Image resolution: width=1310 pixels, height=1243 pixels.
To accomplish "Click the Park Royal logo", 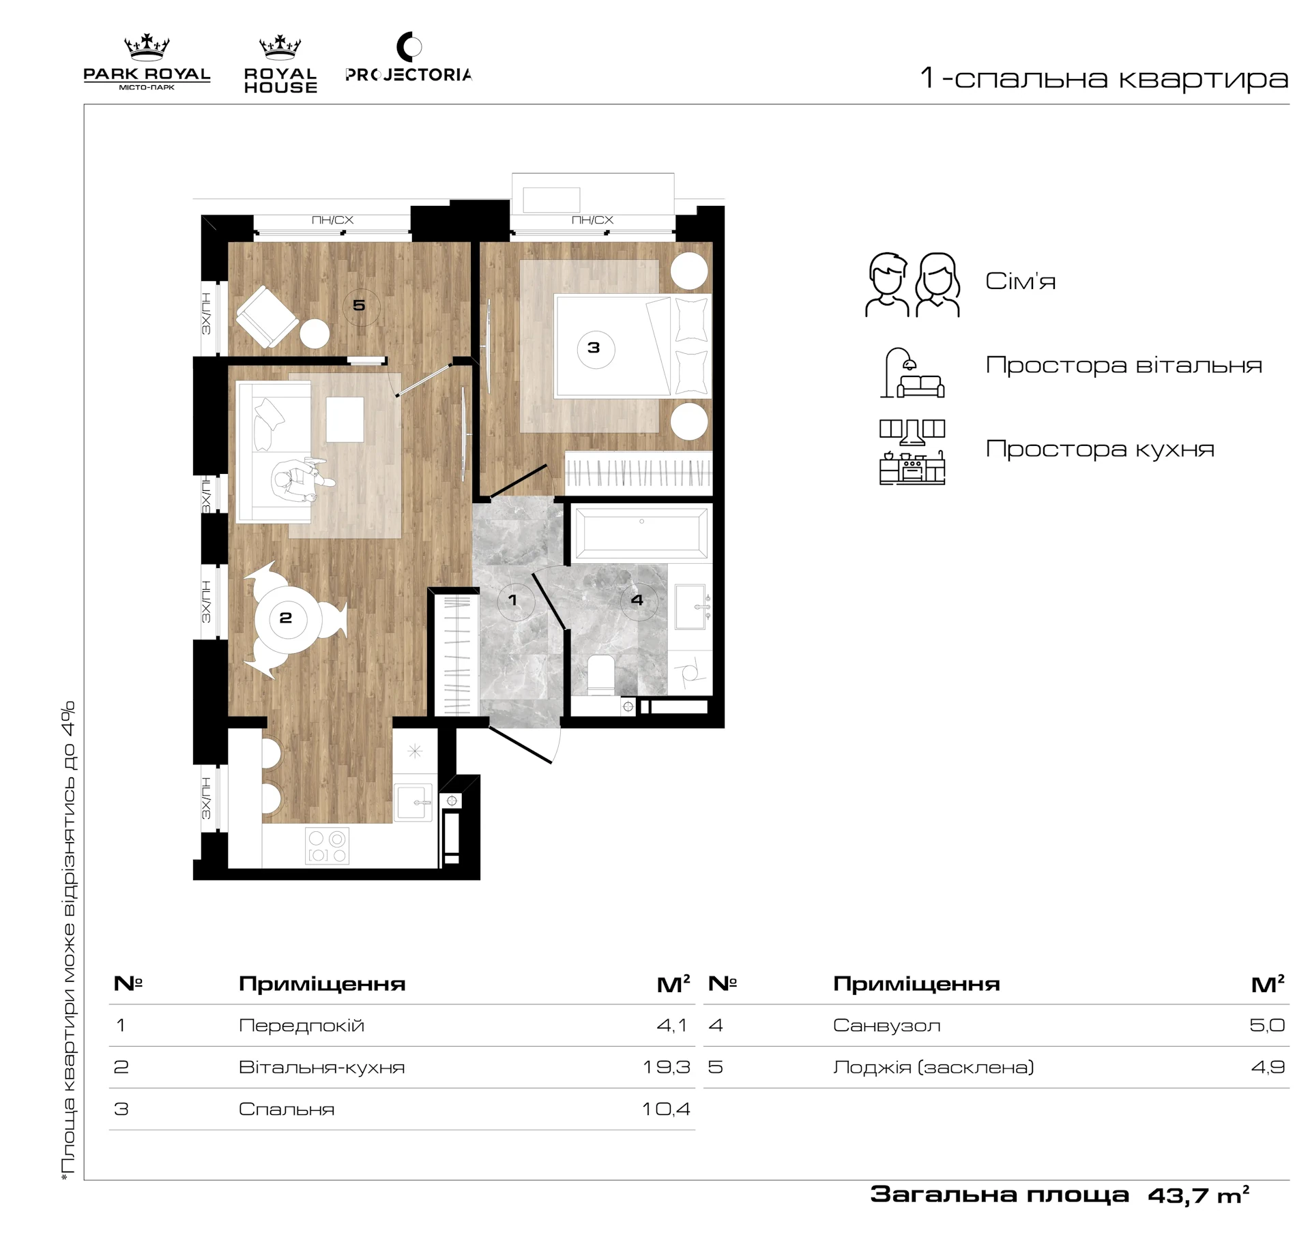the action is [147, 63].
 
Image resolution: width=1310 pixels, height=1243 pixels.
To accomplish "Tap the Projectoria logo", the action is [409, 59].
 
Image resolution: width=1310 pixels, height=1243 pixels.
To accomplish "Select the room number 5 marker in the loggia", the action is [360, 305].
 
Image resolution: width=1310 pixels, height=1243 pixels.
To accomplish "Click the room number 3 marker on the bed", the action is [594, 348].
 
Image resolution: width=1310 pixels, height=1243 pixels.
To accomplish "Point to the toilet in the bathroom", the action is [601, 674].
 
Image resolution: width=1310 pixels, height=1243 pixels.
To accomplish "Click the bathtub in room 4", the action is [641, 531].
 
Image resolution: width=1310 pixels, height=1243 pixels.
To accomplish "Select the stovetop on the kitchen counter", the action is [327, 845].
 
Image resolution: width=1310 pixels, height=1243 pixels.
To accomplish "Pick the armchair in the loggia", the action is [267, 317].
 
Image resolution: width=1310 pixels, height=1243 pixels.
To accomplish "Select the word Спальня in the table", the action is [287, 1109].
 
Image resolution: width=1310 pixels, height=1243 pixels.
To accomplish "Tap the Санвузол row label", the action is [887, 1025].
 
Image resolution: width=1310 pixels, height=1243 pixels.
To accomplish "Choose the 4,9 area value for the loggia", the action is [1268, 1067].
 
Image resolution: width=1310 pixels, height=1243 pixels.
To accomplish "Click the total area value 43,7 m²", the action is [1198, 1194].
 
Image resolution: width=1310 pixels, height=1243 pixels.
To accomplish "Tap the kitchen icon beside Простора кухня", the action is [912, 451].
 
